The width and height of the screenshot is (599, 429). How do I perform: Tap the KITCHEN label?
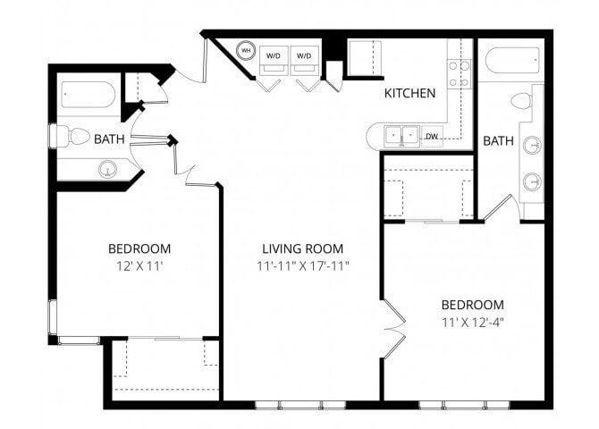click(409, 93)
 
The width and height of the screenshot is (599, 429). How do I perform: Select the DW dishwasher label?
click(432, 137)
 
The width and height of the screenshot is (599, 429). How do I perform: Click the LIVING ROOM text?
click(302, 248)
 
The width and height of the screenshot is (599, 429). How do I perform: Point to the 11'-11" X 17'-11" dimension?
click(302, 265)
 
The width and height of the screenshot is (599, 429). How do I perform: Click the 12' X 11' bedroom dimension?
click(139, 265)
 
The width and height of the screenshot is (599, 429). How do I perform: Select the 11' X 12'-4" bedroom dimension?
click(471, 322)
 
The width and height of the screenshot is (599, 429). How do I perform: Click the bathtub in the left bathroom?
click(88, 95)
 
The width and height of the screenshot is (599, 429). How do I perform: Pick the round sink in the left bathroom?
click(107, 168)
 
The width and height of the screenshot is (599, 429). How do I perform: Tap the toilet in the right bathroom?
click(522, 100)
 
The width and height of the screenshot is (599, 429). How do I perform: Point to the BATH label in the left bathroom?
click(109, 139)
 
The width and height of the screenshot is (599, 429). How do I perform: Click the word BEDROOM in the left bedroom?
click(139, 248)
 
